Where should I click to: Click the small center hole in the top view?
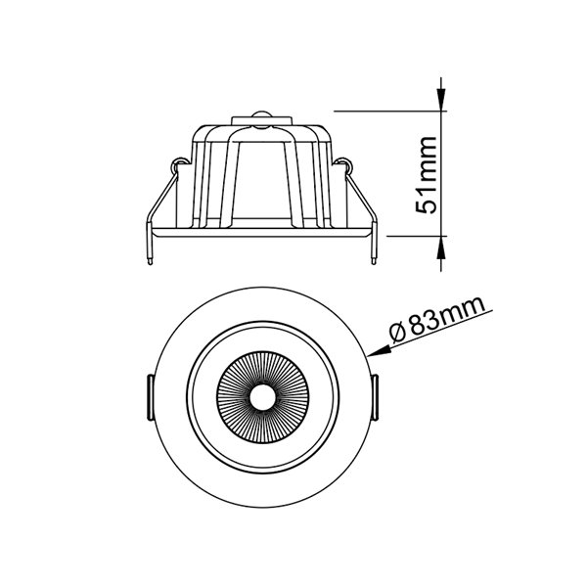(261, 397)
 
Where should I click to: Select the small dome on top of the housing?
(261, 117)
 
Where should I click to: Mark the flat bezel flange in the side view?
(261, 232)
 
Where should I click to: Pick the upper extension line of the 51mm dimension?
(391, 109)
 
